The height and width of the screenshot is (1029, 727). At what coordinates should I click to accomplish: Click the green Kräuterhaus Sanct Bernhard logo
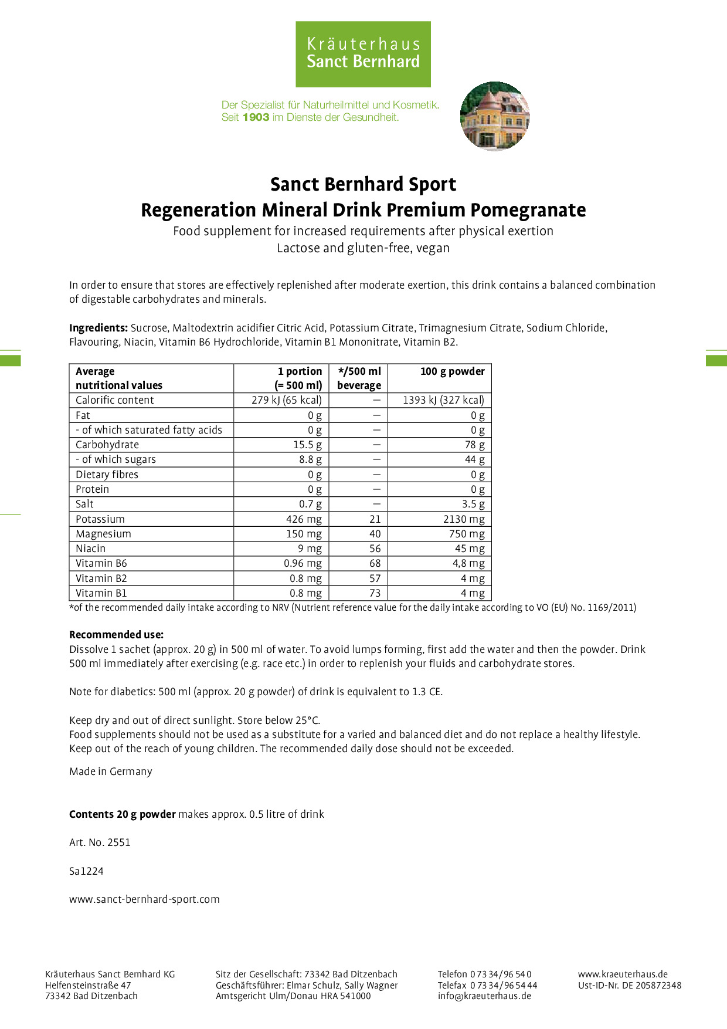coord(363,54)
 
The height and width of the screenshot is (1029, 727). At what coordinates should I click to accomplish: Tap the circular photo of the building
coord(495,116)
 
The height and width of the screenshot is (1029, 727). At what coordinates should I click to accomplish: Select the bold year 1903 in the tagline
coord(256,117)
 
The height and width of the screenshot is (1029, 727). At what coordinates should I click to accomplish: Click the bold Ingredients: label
coord(98,328)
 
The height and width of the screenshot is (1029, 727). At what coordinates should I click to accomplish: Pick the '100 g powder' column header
coord(452,371)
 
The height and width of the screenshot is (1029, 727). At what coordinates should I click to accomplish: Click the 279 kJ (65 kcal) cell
coord(287,400)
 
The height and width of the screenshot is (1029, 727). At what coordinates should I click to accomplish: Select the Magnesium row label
coord(103,534)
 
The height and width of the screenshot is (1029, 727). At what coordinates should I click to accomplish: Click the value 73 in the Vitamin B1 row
coord(375,593)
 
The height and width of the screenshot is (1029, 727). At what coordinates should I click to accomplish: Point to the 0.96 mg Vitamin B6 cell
coord(303,563)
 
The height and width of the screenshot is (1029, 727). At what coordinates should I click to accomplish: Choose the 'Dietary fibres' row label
coord(107,475)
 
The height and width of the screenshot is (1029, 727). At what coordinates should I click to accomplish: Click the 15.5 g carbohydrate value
coord(307,445)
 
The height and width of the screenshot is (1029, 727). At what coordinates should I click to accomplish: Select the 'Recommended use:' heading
coord(117,635)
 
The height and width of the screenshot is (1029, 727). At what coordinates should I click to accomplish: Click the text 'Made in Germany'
coord(111,771)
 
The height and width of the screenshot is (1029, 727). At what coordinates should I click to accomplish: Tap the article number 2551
coord(119,842)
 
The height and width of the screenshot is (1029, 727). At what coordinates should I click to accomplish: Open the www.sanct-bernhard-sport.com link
coord(144,899)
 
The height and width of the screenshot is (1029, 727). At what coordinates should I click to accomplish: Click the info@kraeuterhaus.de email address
coord(484,996)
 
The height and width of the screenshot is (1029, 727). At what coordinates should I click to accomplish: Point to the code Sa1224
coord(86,871)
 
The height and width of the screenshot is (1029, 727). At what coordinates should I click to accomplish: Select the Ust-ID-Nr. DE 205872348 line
coord(630,985)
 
